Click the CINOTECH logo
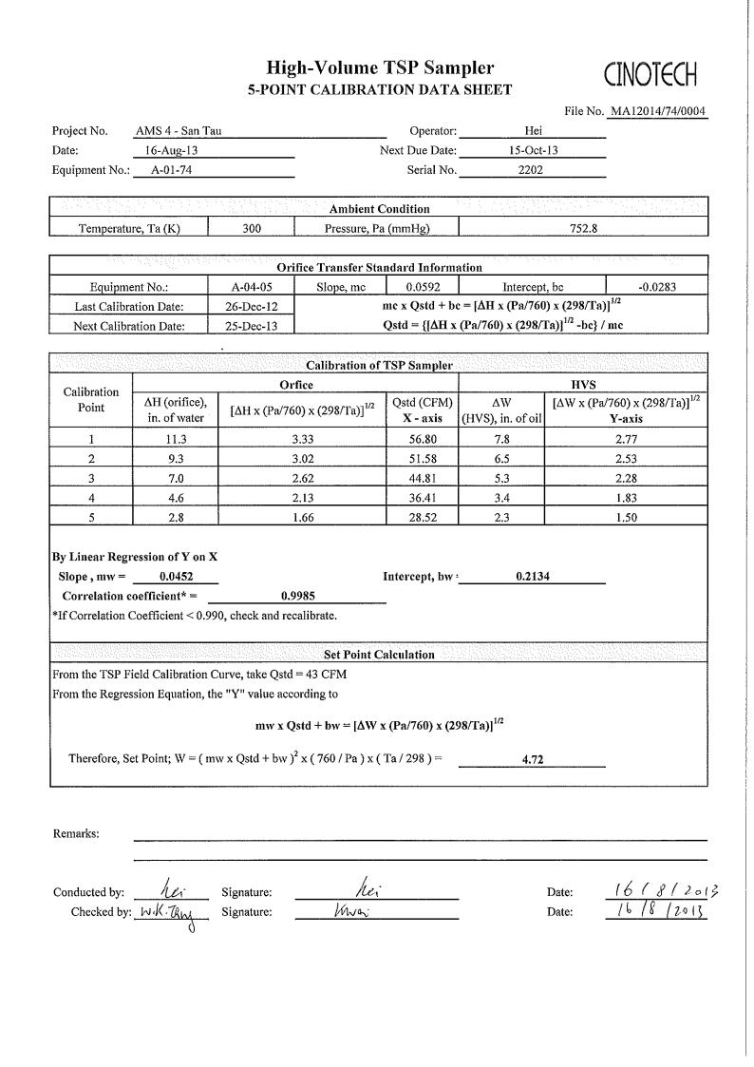[x=650, y=73]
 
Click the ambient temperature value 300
[x=252, y=227]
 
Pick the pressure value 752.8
[x=582, y=227]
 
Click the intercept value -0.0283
[x=657, y=286]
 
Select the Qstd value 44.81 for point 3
[x=421, y=478]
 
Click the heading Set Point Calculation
[x=379, y=655]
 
